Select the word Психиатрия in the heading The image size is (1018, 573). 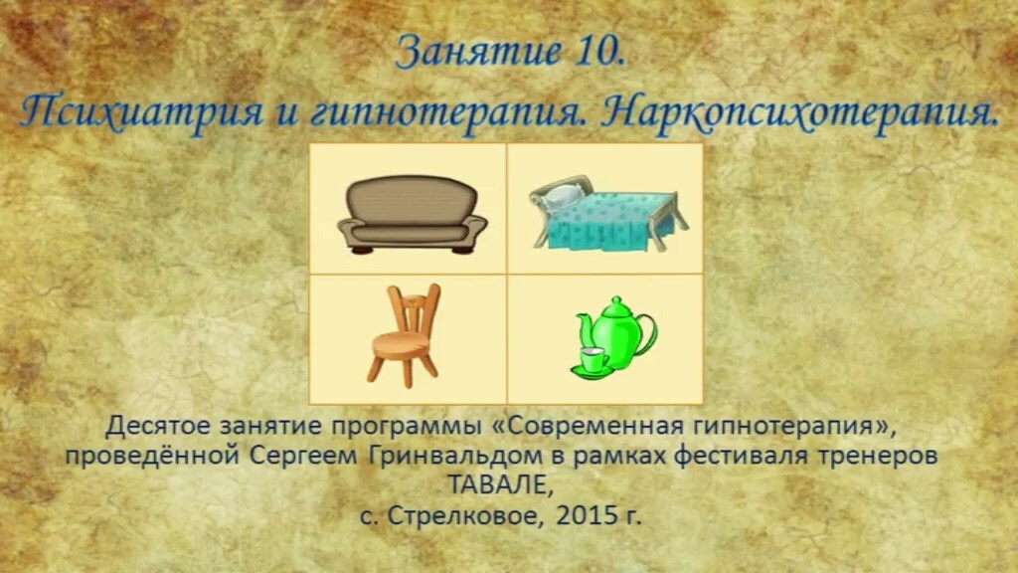tap(141, 109)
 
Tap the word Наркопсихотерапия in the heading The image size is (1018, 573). tap(798, 110)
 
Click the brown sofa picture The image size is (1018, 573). tap(412, 215)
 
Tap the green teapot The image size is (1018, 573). tap(616, 331)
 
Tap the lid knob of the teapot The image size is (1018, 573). tap(613, 300)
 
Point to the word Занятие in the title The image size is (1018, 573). tap(477, 52)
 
